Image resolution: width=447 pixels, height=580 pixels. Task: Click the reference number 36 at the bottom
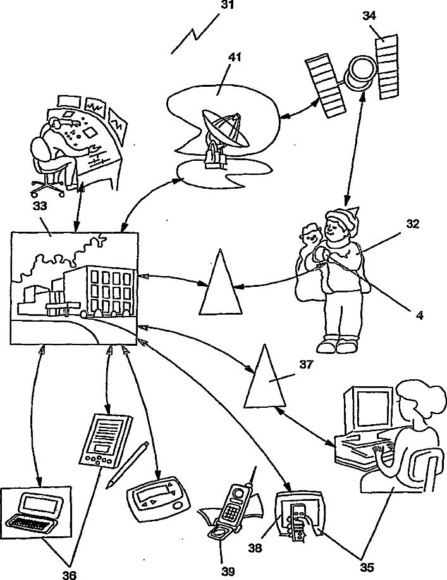point(70,574)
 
